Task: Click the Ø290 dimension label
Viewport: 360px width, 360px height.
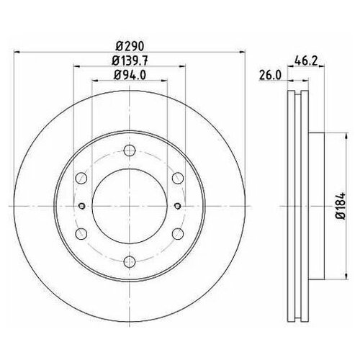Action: [x=130, y=46]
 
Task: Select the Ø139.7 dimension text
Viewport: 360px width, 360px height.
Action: [x=130, y=60]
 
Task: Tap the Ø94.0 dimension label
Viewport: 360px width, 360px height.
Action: [x=130, y=75]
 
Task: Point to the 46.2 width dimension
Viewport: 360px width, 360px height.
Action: [x=306, y=61]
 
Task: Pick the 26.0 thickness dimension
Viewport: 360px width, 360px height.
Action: [x=270, y=76]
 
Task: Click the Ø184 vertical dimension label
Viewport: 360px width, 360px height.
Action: [x=341, y=205]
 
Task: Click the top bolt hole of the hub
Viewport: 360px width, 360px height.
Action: [x=130, y=150]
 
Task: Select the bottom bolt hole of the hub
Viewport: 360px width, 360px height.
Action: [x=130, y=261]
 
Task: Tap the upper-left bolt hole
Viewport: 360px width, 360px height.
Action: [x=81, y=178]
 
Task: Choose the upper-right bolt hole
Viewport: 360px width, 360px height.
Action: [x=178, y=178]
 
